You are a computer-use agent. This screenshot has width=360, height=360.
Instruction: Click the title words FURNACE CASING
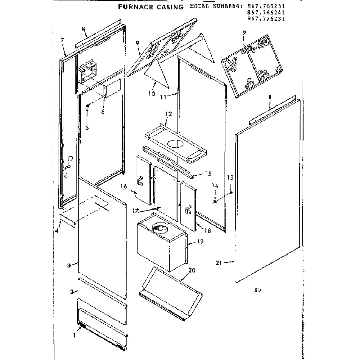point(151,7)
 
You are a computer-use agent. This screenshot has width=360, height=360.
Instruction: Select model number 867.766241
point(266,12)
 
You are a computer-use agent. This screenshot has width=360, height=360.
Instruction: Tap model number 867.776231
point(266,19)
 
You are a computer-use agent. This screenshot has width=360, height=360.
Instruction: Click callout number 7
point(62,40)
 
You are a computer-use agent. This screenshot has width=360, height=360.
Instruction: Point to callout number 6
point(103,111)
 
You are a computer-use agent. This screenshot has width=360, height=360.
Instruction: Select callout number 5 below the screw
point(87,128)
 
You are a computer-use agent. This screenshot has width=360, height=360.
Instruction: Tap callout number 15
point(208,174)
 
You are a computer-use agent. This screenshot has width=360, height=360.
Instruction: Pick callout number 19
point(200,242)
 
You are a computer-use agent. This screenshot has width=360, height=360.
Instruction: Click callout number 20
point(192,270)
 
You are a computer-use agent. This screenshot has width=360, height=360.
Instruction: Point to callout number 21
point(219,262)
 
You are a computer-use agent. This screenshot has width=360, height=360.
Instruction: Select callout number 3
point(69,266)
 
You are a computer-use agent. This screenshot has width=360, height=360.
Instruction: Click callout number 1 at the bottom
point(74,336)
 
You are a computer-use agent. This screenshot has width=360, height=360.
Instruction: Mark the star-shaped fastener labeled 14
point(215,201)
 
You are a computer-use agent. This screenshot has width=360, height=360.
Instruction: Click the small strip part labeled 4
point(68,221)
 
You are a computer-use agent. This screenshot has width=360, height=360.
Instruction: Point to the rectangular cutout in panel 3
point(101,203)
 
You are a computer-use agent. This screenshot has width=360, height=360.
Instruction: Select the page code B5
point(258,289)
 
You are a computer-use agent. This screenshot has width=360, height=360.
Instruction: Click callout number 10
point(152,94)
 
